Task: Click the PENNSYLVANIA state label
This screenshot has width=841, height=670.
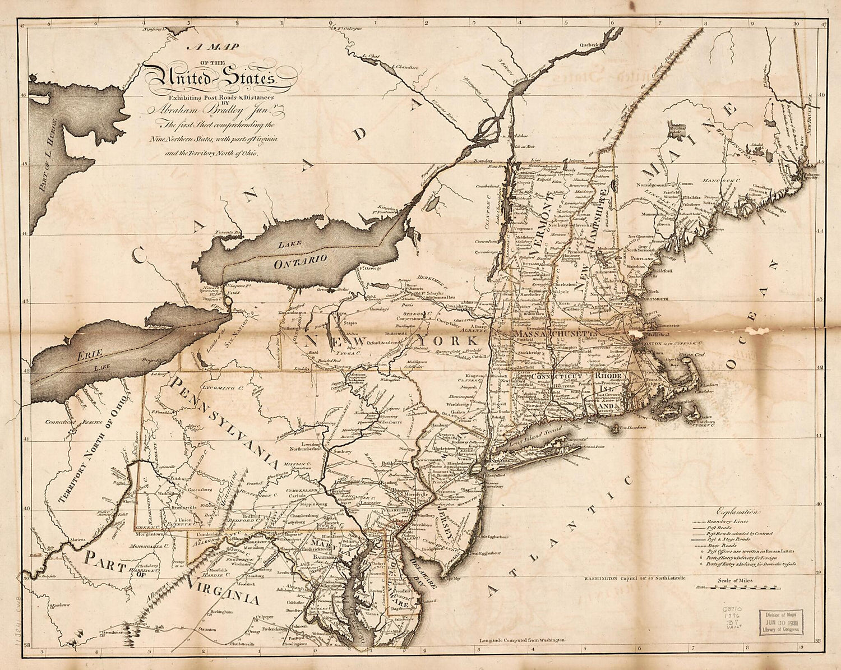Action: pos(224,421)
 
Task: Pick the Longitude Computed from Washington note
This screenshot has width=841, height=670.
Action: pos(521,639)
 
